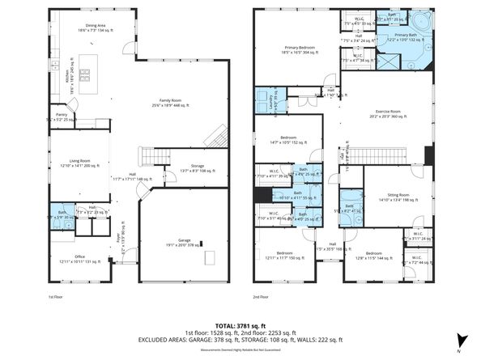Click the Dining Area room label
click(96, 28)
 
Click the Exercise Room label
click(385, 114)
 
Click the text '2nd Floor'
click(262, 298)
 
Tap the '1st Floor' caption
click(56, 298)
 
